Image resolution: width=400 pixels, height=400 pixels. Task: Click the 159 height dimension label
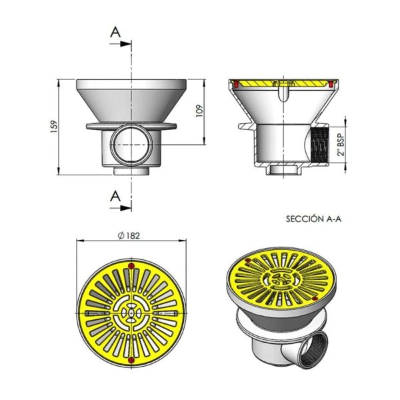(x=55, y=126)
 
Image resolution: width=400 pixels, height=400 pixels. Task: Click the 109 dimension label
(x=199, y=111)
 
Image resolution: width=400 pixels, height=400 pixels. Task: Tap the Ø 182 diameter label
(x=129, y=235)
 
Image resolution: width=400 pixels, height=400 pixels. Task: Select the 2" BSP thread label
(x=341, y=144)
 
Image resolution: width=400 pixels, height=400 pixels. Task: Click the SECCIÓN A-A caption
(x=313, y=219)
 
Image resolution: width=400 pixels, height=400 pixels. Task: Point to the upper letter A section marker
(x=115, y=32)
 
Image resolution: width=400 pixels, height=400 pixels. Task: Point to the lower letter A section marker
(x=115, y=196)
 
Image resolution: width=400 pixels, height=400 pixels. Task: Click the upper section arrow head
(x=125, y=44)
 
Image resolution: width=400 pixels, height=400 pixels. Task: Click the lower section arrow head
(x=125, y=208)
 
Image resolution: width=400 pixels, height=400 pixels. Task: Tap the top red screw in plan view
(x=131, y=266)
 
